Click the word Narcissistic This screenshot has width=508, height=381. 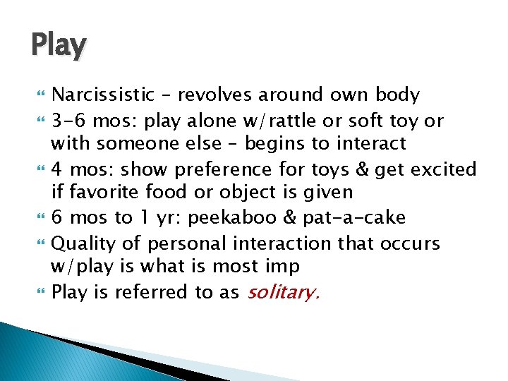point(104,95)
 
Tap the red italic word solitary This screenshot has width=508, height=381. point(283,292)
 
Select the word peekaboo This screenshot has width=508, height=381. point(266,218)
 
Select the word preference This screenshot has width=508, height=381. point(222,169)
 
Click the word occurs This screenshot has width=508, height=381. point(412,243)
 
